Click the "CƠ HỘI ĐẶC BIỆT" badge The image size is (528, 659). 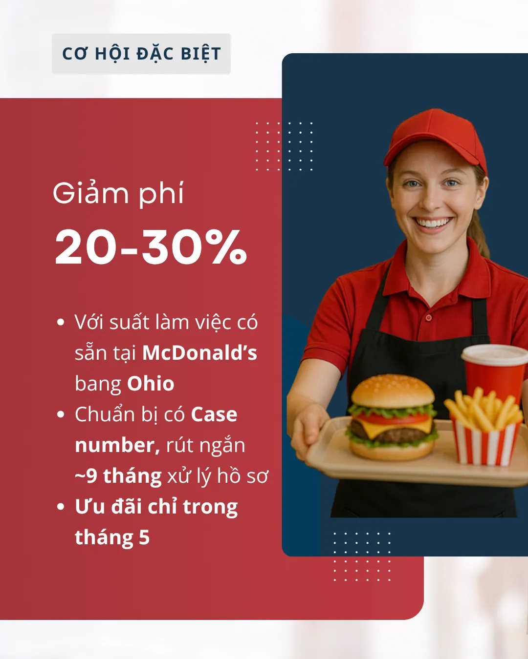(x=141, y=54)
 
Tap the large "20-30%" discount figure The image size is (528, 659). (x=151, y=247)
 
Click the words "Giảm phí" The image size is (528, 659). (x=118, y=193)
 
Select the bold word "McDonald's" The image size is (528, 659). (x=200, y=353)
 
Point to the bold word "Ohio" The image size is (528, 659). (x=151, y=383)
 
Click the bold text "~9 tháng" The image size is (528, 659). (x=118, y=476)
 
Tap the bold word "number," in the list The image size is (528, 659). (x=117, y=445)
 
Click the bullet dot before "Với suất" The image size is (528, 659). (x=61, y=322)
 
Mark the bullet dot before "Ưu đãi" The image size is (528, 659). (x=61, y=507)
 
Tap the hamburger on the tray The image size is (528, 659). (x=392, y=416)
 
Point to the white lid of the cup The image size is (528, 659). (x=495, y=354)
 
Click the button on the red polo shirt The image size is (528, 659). (x=429, y=318)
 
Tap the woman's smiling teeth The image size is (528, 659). (x=433, y=223)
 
